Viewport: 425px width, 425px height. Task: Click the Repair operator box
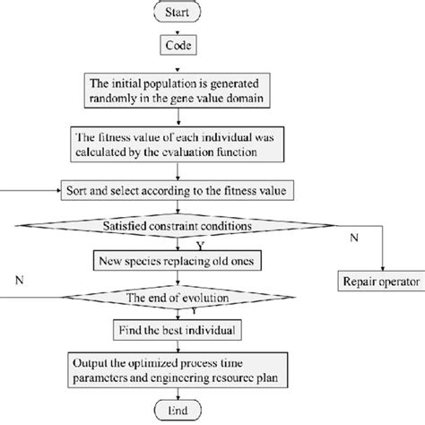[x=380, y=281]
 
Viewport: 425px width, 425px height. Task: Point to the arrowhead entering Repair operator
[x=380, y=268]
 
